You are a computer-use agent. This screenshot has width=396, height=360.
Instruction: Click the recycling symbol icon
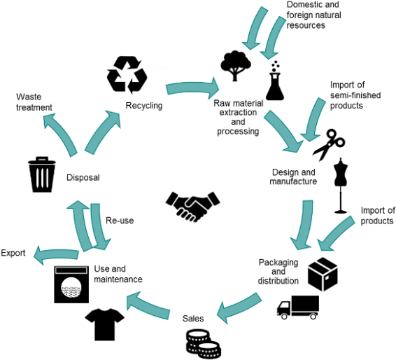pyautogui.click(x=127, y=75)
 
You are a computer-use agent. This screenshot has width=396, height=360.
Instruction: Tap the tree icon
pyautogui.click(x=236, y=65)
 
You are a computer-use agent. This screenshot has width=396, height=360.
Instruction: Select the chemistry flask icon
pyautogui.click(x=275, y=81)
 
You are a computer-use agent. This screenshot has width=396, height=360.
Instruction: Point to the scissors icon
pyautogui.click(x=329, y=145)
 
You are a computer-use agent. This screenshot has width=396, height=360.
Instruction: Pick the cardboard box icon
pyautogui.click(x=323, y=274)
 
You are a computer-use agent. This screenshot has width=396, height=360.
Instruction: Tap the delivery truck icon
pyautogui.click(x=298, y=307)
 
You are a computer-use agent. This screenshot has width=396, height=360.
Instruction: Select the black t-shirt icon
pyautogui.click(x=104, y=324)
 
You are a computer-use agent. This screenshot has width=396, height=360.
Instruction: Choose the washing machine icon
pyautogui.click(x=71, y=284)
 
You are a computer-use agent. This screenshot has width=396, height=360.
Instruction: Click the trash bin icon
pyautogui.click(x=42, y=174)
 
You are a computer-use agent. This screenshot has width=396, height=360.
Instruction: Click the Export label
pyautogui.click(x=13, y=253)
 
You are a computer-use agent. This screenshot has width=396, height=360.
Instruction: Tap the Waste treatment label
pyautogui.click(x=34, y=102)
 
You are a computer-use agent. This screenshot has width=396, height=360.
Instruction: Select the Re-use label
pyautogui.click(x=120, y=221)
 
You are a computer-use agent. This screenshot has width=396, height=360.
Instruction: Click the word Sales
pyautogui.click(x=193, y=318)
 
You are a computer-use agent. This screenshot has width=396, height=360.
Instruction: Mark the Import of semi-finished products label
pyautogui.click(x=355, y=95)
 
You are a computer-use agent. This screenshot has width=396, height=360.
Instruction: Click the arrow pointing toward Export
pyautogui.click(x=56, y=254)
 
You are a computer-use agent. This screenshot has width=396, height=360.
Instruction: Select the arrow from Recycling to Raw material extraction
pyautogui.click(x=192, y=88)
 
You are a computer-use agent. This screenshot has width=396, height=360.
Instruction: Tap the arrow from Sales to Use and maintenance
pyautogui.click(x=148, y=305)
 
